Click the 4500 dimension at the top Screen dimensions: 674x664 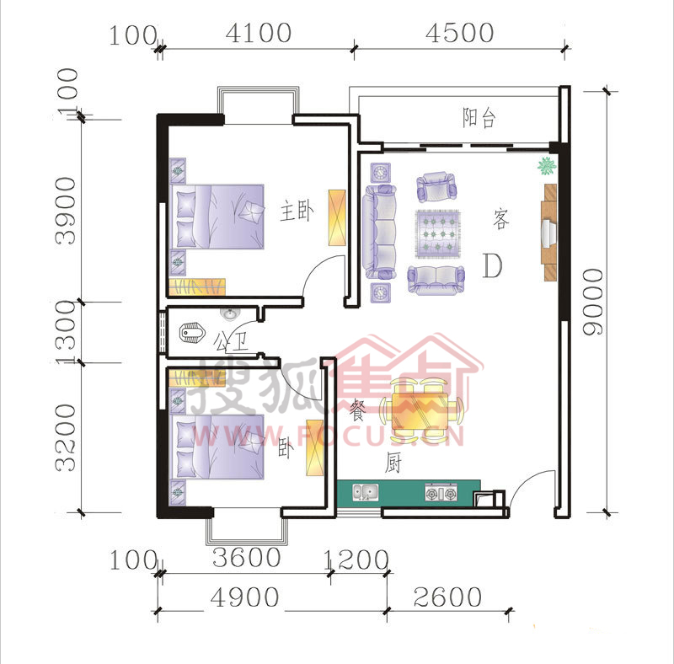459,33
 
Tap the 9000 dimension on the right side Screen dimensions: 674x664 593,302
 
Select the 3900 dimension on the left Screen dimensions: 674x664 66,212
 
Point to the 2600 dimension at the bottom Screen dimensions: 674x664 447,597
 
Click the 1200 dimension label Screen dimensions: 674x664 356,560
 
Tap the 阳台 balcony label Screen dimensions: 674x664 479,117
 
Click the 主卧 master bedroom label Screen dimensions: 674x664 297,211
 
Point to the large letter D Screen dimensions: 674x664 492,265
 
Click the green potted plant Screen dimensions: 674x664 547,166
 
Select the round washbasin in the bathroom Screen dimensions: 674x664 229,314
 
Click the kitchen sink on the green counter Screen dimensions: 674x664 366,492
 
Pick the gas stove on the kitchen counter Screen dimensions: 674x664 441,492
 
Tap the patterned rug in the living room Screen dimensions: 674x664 438,234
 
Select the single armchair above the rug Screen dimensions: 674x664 436,187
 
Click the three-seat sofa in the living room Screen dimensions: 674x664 379,232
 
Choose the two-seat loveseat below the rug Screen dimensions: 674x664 436,281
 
